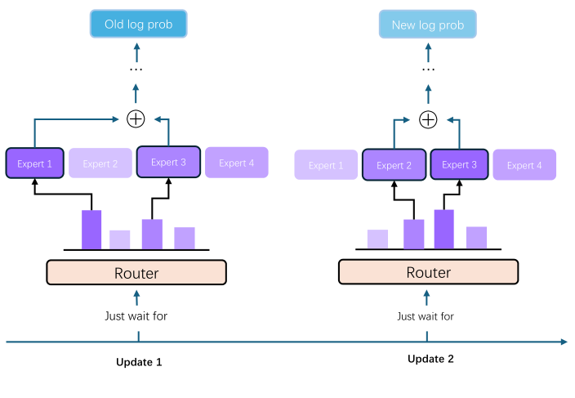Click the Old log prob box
[x=138, y=25]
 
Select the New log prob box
[x=427, y=25]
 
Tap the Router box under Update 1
[x=136, y=272]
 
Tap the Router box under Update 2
[x=428, y=272]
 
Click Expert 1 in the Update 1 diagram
[x=35, y=163]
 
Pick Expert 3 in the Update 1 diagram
[x=168, y=163]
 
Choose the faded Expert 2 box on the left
[x=100, y=163]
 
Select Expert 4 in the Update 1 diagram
[x=236, y=163]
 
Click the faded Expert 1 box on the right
[x=326, y=165]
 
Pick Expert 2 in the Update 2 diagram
[x=394, y=165]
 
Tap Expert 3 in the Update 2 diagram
[x=460, y=164]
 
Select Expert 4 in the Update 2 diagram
[x=524, y=165]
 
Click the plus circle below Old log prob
[x=136, y=119]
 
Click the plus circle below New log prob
[x=427, y=119]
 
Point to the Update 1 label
[x=139, y=361]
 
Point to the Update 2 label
[x=430, y=359]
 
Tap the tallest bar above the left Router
[x=91, y=230]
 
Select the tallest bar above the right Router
[x=444, y=229]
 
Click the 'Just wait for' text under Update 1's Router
[x=136, y=315]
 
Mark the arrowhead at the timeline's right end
[x=563, y=342]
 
